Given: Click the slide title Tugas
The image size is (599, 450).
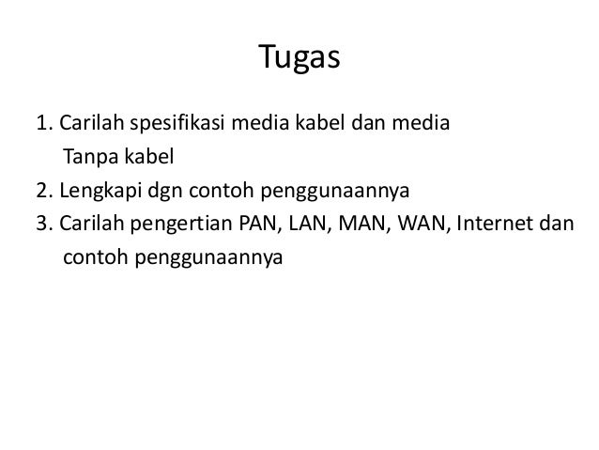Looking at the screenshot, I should pyautogui.click(x=299, y=61).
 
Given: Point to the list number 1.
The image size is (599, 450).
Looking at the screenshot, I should pyautogui.click(x=41, y=123).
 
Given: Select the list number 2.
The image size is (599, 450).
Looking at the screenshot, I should pyautogui.click(x=41, y=193).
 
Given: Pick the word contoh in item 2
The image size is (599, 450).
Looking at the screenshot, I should pyautogui.click(x=218, y=193).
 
